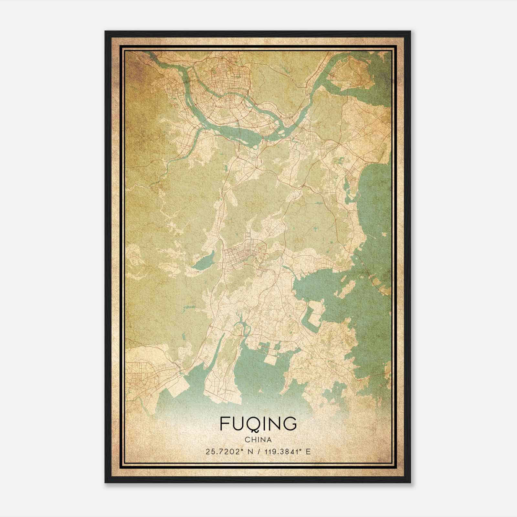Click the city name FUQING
[x=258, y=424]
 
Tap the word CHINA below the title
[x=258, y=440]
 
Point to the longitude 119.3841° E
[x=287, y=452]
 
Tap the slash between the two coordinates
[x=258, y=452]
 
